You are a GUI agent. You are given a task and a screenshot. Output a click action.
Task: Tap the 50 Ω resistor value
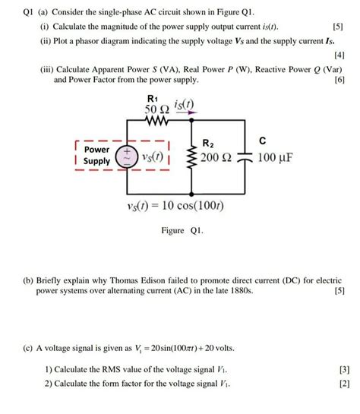click(155, 111)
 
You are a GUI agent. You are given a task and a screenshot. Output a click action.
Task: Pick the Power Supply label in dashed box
click(96, 156)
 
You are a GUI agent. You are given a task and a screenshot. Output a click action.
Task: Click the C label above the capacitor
click(262, 141)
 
